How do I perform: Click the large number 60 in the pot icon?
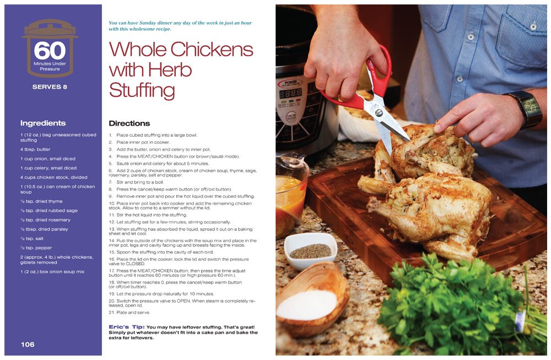coord(50,50)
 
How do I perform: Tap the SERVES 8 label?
coord(50,87)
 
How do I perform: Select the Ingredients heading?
coord(43,123)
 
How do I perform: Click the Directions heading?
coord(129,123)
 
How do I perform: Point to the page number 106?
coord(28,345)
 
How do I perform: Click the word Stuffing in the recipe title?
coord(142,91)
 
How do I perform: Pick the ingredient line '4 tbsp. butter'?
coord(35,149)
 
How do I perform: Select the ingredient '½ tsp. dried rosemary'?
coord(45,220)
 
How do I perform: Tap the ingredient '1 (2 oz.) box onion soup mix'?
coord(52,271)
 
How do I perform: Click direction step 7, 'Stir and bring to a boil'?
coord(136,182)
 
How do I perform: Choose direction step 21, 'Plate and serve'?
coord(129,312)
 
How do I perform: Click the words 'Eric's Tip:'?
coord(127,327)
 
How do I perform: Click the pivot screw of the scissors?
coord(379,112)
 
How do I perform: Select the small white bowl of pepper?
coord(311,250)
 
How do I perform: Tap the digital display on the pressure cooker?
coord(290,93)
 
